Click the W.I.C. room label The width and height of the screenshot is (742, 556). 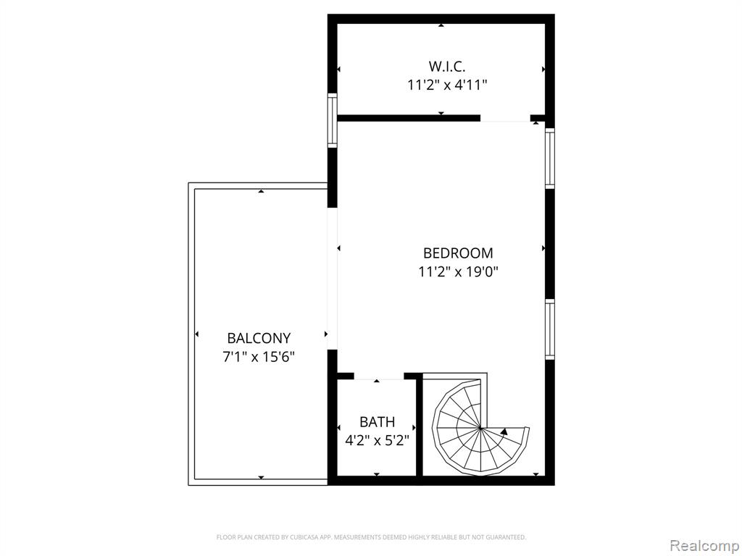(x=443, y=66)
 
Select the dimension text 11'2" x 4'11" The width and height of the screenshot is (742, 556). (x=447, y=85)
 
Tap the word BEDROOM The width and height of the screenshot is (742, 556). (x=458, y=253)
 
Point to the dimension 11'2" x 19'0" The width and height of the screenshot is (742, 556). (x=459, y=272)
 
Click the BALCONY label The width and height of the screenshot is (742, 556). (x=259, y=338)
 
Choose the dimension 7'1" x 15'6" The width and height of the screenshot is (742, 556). (x=259, y=356)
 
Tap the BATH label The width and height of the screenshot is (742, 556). (x=377, y=422)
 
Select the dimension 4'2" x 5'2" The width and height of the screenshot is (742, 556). (x=377, y=441)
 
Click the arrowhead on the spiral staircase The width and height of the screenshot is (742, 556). (x=504, y=431)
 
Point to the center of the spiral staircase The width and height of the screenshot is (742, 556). (x=480, y=429)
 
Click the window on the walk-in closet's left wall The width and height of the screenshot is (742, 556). (x=332, y=120)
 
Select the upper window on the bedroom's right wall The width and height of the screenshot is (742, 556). (x=550, y=158)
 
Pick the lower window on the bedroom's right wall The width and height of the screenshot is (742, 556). (x=550, y=329)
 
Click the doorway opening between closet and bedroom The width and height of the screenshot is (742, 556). (x=505, y=119)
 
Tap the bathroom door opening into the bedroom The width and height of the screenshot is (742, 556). (x=378, y=376)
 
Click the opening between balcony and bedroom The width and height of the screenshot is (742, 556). (x=332, y=279)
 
